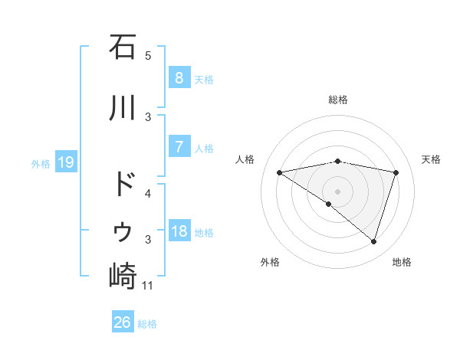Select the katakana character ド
click(123, 185)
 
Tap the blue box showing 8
click(179, 78)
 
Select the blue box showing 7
click(179, 147)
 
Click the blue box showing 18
click(179, 231)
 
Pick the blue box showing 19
click(65, 162)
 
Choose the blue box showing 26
click(122, 322)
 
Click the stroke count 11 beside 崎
click(148, 286)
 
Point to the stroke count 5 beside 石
click(148, 55)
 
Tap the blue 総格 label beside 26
click(147, 323)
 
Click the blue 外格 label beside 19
click(41, 163)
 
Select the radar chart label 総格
click(337, 100)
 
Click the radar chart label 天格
click(432, 159)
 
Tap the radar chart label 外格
click(270, 262)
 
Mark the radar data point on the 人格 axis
click(280, 172)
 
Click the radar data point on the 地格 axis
click(373, 241)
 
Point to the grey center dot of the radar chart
click(337, 191)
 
